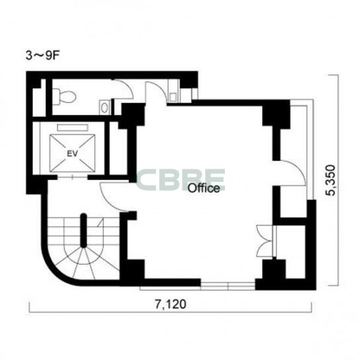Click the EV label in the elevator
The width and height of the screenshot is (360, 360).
click(72, 154)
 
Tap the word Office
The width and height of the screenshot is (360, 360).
click(204, 188)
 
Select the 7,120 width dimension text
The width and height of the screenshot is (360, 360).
click(170, 304)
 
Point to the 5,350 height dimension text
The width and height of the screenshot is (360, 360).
click(331, 180)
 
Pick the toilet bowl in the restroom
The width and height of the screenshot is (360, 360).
click(64, 97)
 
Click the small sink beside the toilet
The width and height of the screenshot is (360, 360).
click(105, 107)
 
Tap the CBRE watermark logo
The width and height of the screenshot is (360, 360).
click(181, 179)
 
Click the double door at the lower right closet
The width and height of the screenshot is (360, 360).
click(265, 240)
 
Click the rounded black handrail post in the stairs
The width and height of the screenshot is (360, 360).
click(83, 230)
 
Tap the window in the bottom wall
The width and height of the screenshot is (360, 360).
click(228, 287)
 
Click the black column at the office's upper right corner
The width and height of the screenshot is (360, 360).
click(276, 113)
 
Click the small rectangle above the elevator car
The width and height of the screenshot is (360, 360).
click(73, 128)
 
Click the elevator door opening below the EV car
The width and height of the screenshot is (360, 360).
click(73, 177)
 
